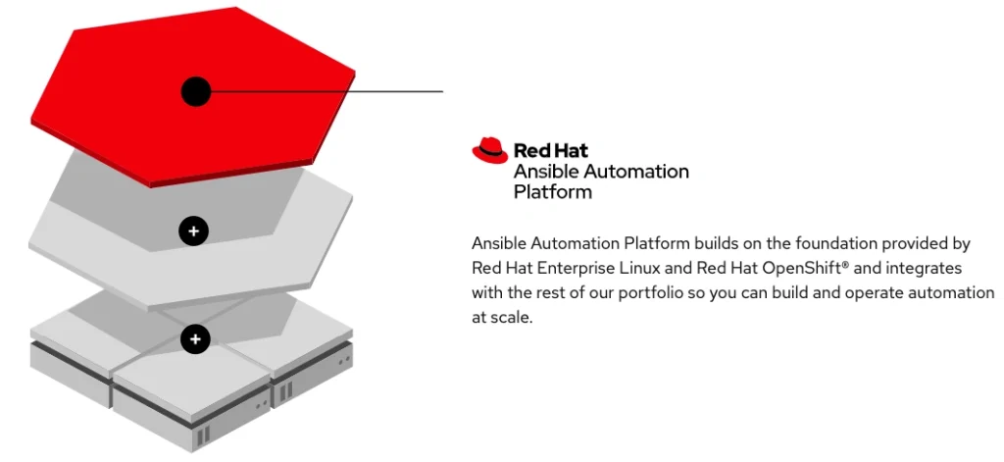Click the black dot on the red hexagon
point(196,92)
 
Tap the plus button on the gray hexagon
point(194,231)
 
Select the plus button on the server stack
point(195,339)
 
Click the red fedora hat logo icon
point(490,150)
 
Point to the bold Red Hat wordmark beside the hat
point(551,151)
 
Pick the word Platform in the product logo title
point(553,191)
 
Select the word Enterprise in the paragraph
point(569,267)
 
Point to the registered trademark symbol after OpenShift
point(846,264)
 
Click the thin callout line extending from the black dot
point(327,91)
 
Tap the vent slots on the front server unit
point(203,436)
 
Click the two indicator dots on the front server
point(262,405)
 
